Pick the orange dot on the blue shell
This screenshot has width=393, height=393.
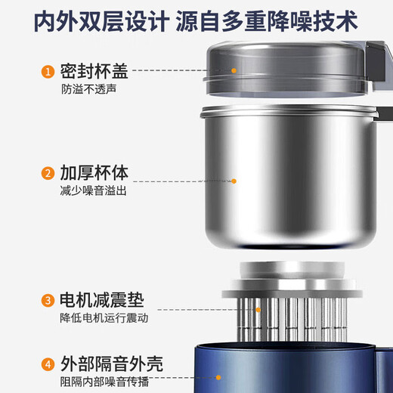[x=218, y=376]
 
